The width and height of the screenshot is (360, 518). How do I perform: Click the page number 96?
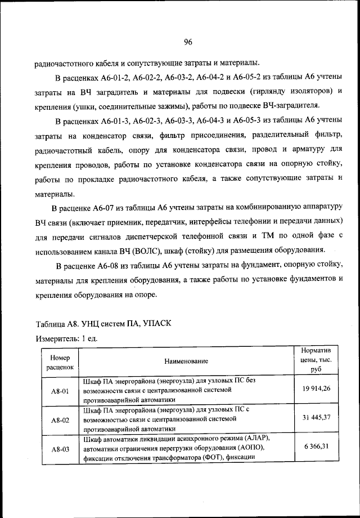pos(188,41)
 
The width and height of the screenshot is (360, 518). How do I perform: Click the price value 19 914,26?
pos(316,388)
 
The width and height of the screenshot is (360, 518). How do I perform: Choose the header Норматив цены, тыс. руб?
pos(316,360)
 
